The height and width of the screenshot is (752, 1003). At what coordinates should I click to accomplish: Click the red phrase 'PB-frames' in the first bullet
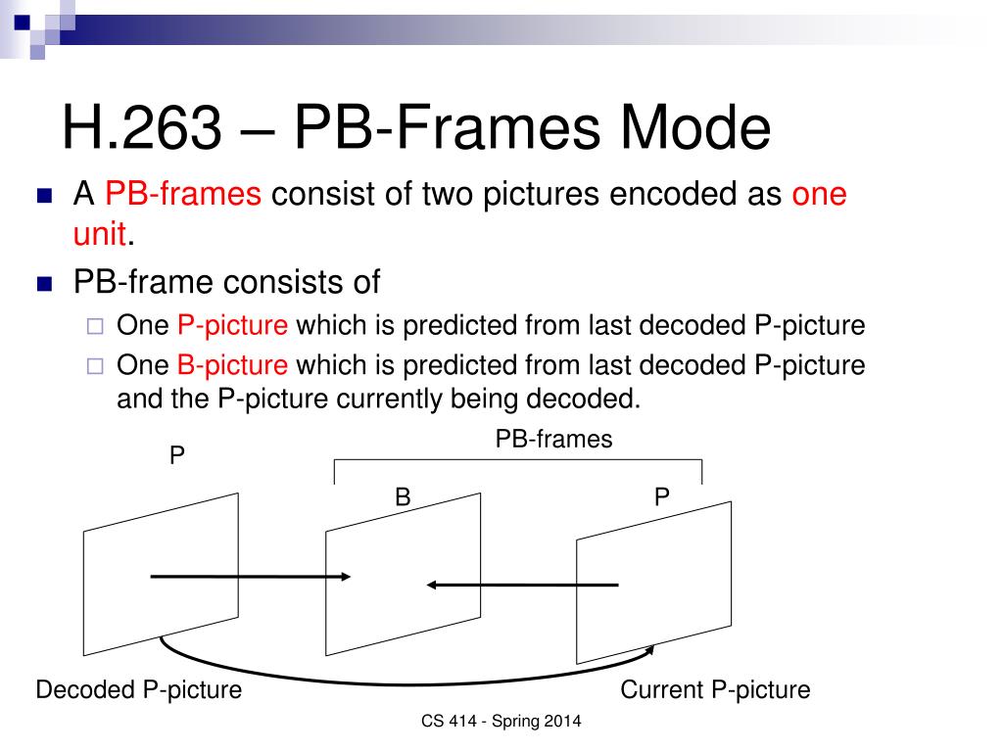pos(183,194)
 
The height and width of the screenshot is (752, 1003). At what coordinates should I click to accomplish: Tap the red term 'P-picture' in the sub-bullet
pos(233,326)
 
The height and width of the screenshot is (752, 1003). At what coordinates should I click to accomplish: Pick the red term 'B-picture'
pos(233,366)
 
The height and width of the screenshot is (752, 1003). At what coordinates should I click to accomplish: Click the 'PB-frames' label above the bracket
pos(553,440)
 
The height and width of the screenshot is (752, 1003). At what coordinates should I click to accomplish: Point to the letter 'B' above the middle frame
pos(402,497)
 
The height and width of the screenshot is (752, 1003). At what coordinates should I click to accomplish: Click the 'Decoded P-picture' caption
pos(138,690)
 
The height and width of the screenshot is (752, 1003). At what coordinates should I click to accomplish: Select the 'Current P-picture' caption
pos(715,690)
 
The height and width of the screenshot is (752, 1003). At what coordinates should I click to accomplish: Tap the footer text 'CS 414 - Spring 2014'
pos(501,722)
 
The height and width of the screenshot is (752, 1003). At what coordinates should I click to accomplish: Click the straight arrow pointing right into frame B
pos(250,577)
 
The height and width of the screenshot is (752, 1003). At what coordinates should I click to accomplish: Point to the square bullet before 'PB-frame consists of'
pos(43,285)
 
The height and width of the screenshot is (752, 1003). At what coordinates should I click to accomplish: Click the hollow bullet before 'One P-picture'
pos(95,327)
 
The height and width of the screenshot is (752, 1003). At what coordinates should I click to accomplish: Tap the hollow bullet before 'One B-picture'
pos(95,367)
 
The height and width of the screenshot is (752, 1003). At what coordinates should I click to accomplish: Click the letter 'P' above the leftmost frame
pos(177,456)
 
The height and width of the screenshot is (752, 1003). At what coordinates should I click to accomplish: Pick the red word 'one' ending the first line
pos(819,194)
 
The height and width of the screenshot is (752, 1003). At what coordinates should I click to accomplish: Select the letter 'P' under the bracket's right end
pos(662,497)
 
